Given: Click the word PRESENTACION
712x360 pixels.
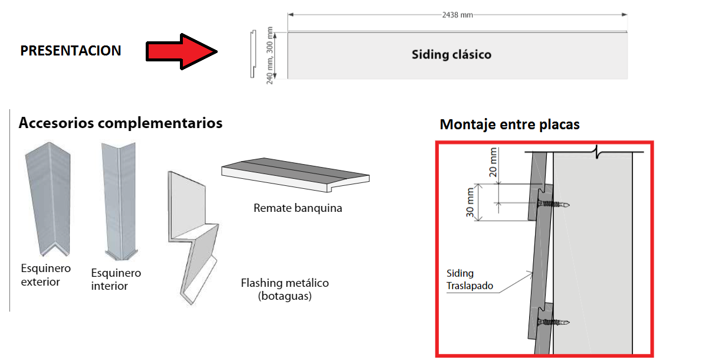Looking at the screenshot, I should pyautogui.click(x=71, y=51).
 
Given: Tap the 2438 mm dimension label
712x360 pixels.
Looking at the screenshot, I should pyautogui.click(x=457, y=15).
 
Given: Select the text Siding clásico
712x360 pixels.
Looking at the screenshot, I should pyautogui.click(x=451, y=55).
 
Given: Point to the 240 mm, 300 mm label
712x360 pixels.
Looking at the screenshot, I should pyautogui.click(x=271, y=55).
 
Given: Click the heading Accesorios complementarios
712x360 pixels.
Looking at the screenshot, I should pyautogui.click(x=120, y=123).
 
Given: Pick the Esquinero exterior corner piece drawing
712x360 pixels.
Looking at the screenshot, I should pyautogui.click(x=47, y=201).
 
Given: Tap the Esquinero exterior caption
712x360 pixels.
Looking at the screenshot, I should pyautogui.click(x=45, y=275).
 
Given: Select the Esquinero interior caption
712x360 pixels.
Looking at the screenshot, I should pyautogui.click(x=116, y=279).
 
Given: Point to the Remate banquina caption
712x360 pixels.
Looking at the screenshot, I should pyautogui.click(x=298, y=208).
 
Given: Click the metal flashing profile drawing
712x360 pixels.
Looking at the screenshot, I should pyautogui.click(x=192, y=236).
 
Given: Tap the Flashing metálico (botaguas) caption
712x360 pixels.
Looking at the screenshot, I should pyautogui.click(x=285, y=289).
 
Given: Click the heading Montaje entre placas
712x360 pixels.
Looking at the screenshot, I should pyautogui.click(x=510, y=125).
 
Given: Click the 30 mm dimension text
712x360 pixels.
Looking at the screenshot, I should pyautogui.click(x=470, y=204).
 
